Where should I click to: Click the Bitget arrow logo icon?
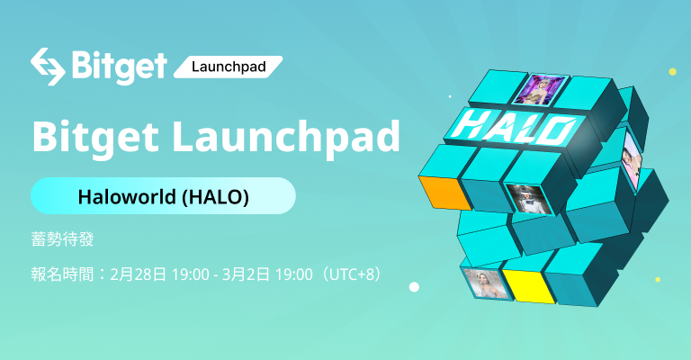(47, 66)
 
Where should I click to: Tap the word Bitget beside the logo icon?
(119, 66)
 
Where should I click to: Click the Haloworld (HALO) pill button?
(163, 196)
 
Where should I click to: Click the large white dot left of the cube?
(414, 287)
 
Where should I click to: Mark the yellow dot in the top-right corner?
(671, 71)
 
